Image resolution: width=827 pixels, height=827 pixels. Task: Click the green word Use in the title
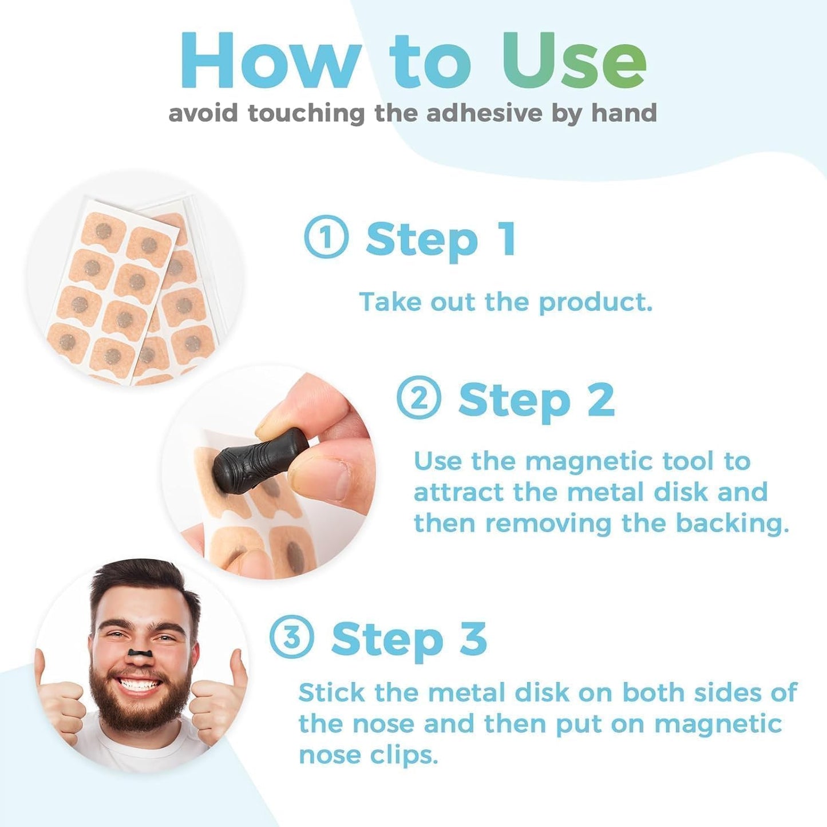click(574, 61)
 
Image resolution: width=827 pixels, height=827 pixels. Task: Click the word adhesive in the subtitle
click(484, 113)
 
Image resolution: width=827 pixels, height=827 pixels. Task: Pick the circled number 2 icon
click(418, 398)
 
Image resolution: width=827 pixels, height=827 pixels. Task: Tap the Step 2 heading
click(536, 400)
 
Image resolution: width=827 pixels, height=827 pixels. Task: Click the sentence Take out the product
click(505, 302)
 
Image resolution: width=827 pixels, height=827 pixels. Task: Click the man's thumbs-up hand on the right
click(220, 698)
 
